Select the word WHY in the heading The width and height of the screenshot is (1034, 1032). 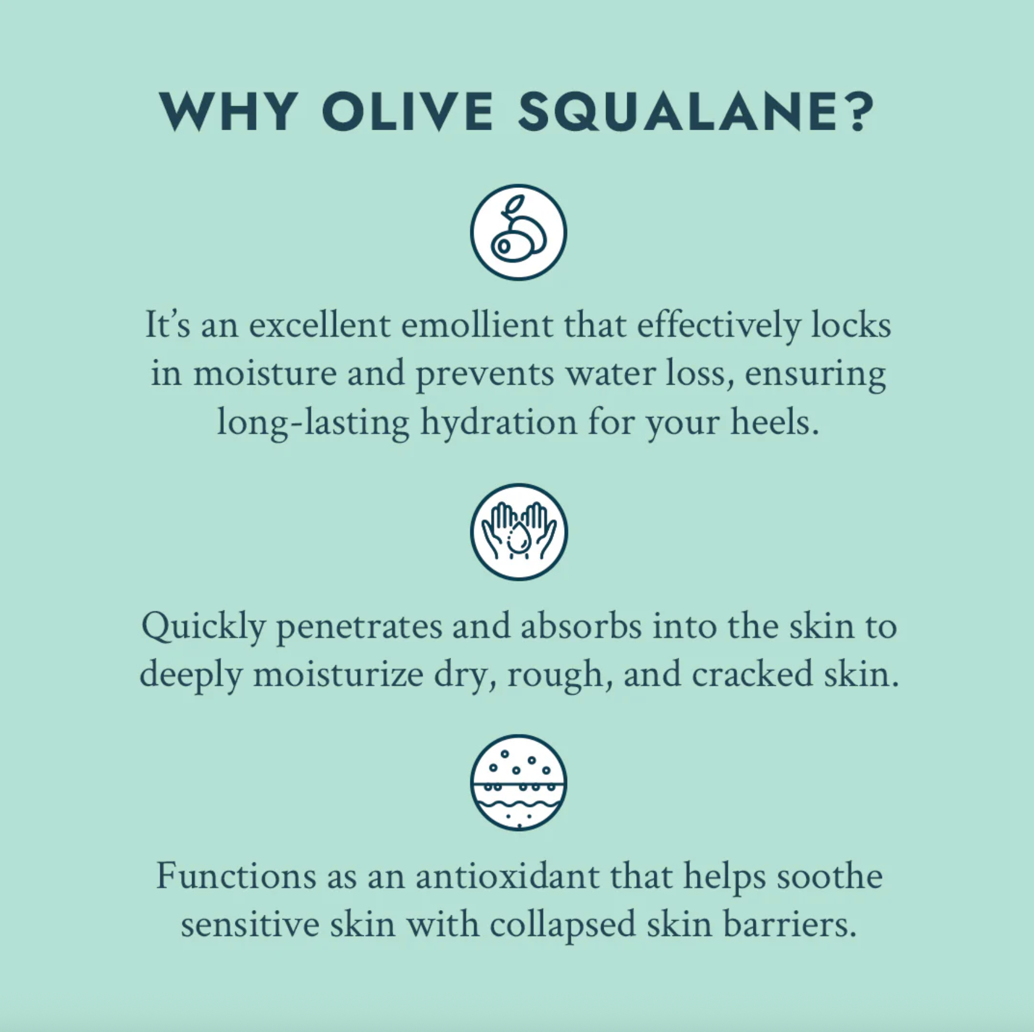coord(228,111)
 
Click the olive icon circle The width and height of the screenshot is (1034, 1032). coord(518,232)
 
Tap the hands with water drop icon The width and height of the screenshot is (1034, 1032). coord(519,531)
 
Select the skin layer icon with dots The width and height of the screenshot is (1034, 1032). coord(519,782)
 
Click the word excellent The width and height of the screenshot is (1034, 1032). coord(320,325)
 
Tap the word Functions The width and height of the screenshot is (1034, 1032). coord(236,876)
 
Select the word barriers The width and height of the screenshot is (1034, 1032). coord(789,925)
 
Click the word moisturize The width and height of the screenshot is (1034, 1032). coord(338,674)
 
